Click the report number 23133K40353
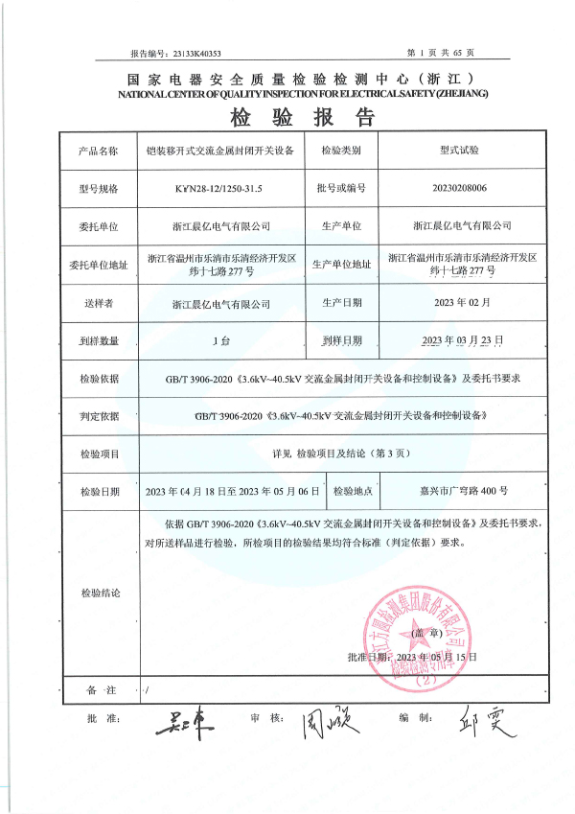click(195, 54)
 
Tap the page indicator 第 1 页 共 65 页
click(448, 53)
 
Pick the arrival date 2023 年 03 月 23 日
click(462, 340)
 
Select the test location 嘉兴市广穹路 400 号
click(457, 491)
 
